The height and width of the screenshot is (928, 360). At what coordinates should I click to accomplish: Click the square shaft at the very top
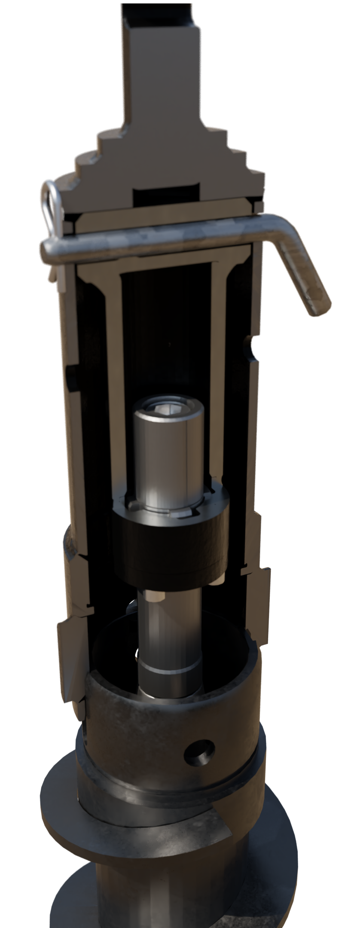coord(163,64)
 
